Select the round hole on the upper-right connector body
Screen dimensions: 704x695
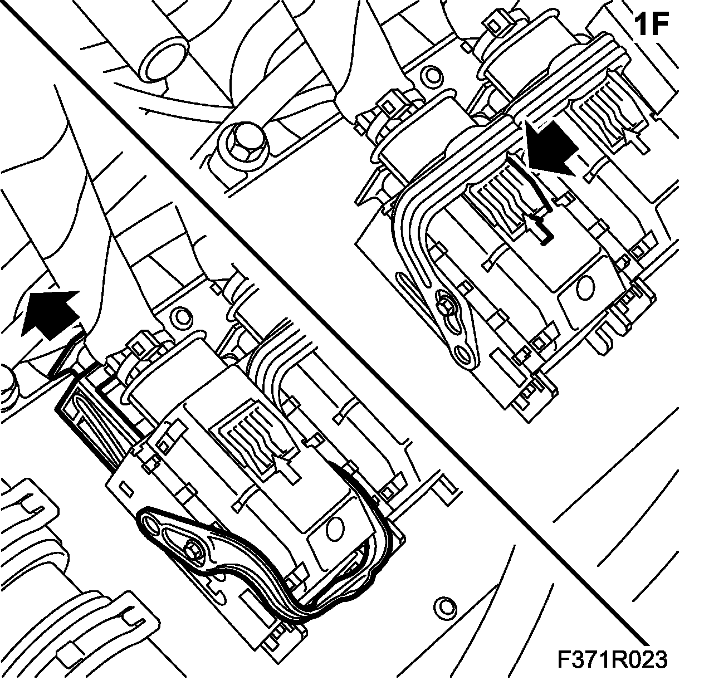585,287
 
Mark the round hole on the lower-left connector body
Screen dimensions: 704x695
334,528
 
